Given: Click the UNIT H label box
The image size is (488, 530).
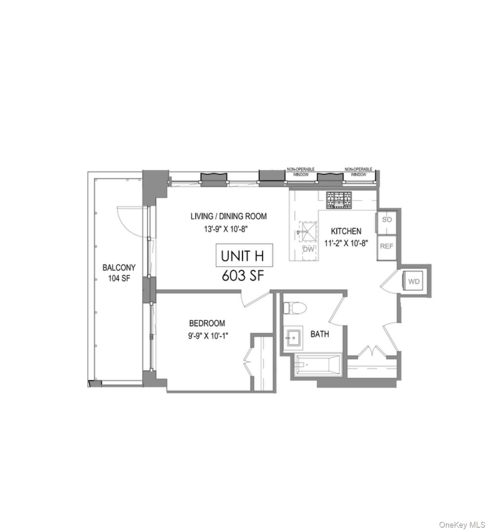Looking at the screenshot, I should point(244,256).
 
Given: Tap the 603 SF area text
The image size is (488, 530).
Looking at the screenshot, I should point(243,275).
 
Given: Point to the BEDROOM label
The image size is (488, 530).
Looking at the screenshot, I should point(207,323).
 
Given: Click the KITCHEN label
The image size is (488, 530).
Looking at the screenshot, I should point(346,231).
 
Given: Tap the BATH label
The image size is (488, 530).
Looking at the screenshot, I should point(320,334).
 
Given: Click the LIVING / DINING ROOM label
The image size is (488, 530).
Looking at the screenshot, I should point(228,216).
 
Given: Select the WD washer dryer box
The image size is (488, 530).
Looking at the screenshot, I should point(414,281).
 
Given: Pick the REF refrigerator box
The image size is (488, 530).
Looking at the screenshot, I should point(386,246).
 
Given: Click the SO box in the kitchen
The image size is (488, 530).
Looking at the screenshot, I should point(387,220).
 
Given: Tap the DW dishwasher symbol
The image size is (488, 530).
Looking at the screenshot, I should point(309,249).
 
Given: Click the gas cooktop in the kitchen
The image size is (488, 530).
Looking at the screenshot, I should point(339,200).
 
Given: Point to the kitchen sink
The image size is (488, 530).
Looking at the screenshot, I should point(307,232).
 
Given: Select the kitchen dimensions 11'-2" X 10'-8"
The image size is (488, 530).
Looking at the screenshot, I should point(346,244).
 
